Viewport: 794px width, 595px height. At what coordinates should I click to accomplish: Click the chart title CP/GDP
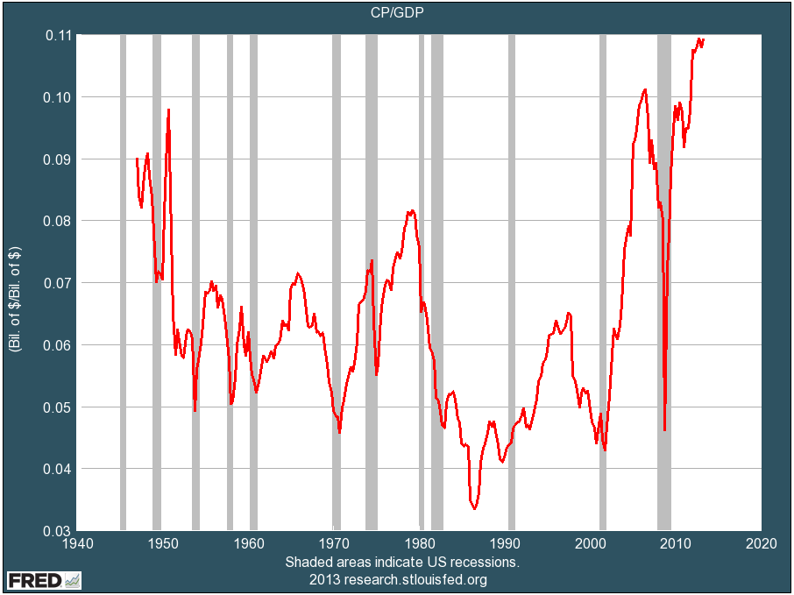(396, 12)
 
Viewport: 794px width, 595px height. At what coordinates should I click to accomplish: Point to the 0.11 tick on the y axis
(61, 35)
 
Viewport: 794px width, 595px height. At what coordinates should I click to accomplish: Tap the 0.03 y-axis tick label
(61, 531)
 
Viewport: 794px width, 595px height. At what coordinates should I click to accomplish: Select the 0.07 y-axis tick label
(61, 283)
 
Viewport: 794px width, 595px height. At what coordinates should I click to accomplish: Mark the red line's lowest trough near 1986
(474, 508)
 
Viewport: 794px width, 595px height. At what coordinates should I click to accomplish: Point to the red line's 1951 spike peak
(168, 110)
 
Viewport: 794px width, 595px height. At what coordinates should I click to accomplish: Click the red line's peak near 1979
(410, 211)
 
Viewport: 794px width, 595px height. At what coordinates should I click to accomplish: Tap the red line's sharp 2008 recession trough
(665, 429)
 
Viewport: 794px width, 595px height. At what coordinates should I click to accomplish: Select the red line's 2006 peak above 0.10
(644, 89)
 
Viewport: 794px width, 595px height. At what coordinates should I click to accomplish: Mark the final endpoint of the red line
(704, 39)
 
